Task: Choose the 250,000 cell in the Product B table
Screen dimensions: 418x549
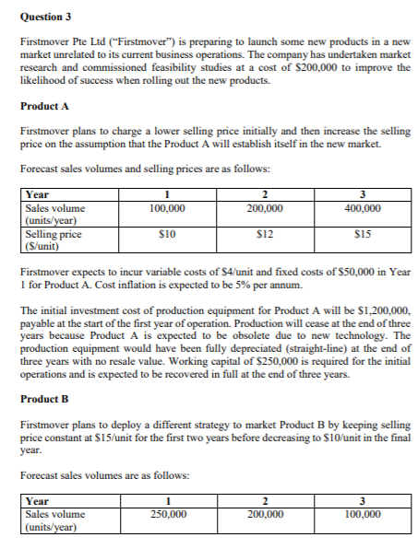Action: point(166,514)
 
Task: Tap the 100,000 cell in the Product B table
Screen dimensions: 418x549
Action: point(361,514)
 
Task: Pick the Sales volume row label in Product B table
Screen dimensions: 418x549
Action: point(55,520)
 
